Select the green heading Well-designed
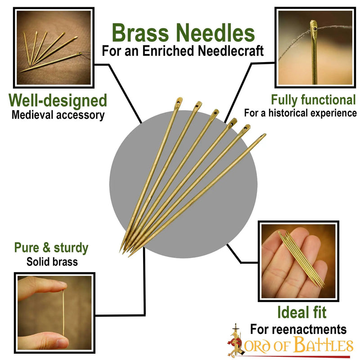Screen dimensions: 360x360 click(x=58, y=100)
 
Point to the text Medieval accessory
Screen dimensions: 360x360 click(x=58, y=115)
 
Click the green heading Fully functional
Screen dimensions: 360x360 click(x=313, y=99)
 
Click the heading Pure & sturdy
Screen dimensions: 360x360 click(x=51, y=247)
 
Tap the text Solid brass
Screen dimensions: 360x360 click(x=52, y=261)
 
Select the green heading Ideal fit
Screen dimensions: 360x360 click(x=302, y=312)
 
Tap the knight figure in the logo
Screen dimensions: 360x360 click(x=234, y=340)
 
